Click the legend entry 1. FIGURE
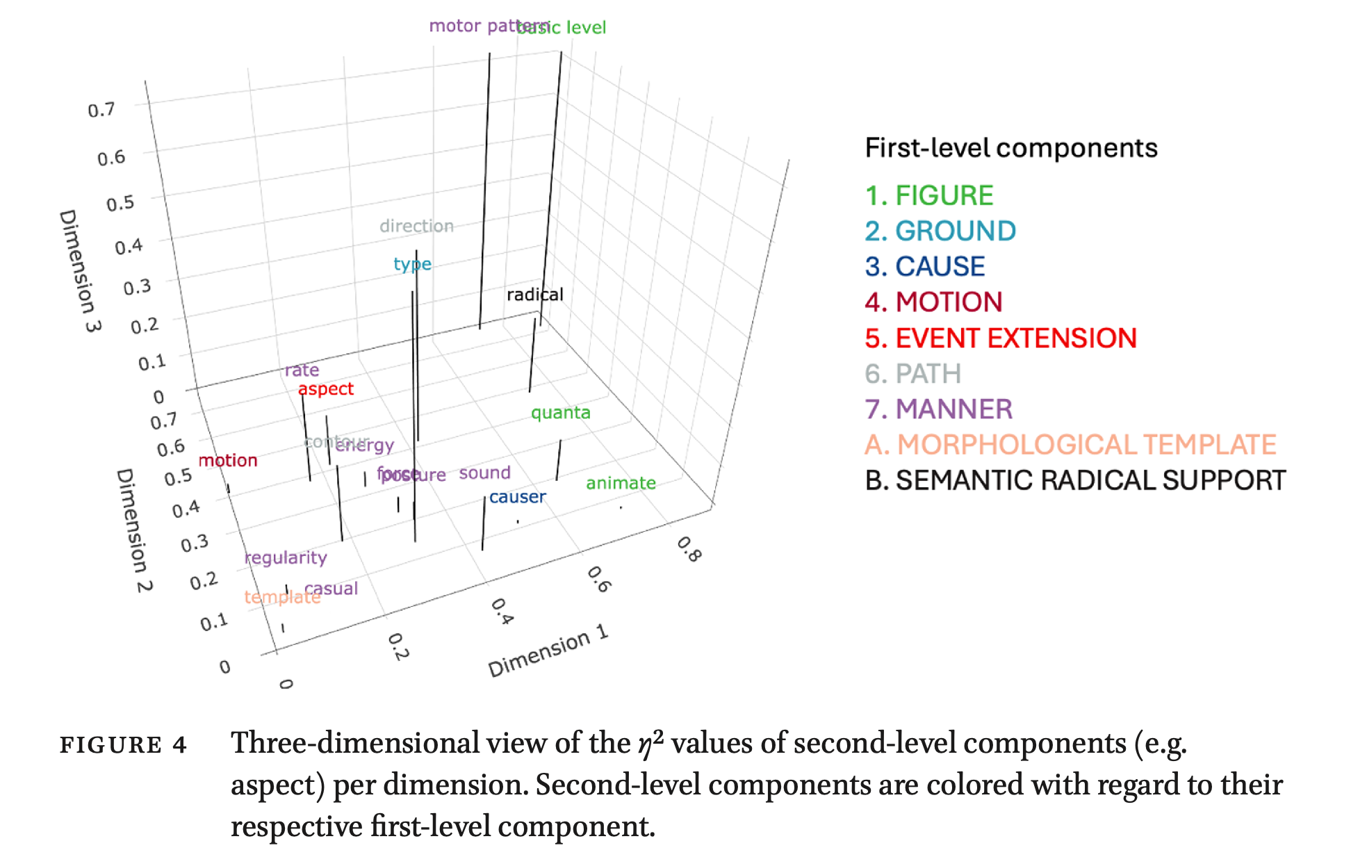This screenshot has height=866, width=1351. click(929, 196)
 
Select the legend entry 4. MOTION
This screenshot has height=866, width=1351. click(933, 302)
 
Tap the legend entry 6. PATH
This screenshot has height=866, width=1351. click(912, 374)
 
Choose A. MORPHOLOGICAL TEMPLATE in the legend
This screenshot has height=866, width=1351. click(1070, 445)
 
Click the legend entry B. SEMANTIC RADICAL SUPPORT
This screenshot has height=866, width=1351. click(1075, 481)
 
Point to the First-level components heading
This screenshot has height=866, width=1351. click(1011, 148)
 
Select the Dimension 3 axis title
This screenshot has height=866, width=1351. click(80, 270)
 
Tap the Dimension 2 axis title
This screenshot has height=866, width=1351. click(133, 530)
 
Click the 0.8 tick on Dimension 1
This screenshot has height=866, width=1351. click(689, 549)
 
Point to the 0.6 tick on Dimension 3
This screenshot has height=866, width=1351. click(111, 158)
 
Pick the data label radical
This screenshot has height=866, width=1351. click(534, 295)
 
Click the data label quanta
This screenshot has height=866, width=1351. click(560, 413)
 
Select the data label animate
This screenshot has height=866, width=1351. click(621, 483)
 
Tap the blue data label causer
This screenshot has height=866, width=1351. click(517, 498)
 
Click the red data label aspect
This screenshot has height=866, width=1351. click(325, 389)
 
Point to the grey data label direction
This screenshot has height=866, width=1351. click(416, 227)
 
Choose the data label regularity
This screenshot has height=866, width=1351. click(286, 558)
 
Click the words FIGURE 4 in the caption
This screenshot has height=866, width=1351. click(123, 745)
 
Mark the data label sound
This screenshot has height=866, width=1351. click(484, 473)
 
